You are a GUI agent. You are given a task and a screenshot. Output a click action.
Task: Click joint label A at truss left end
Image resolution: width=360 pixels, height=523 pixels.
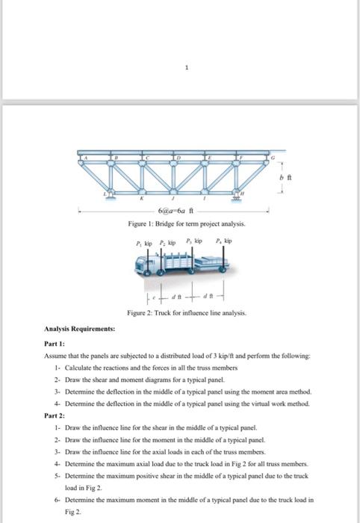[85, 158]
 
